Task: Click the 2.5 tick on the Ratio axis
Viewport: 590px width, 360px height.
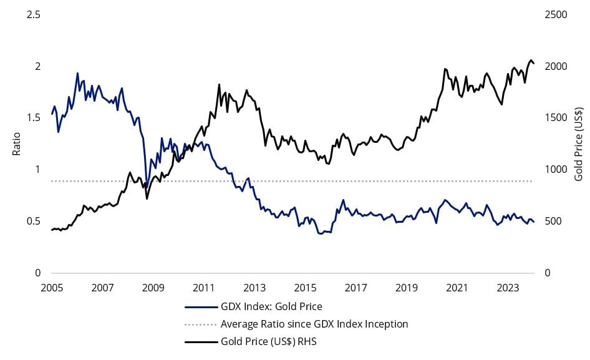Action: point(34,15)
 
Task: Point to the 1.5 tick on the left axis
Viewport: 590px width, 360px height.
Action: point(34,118)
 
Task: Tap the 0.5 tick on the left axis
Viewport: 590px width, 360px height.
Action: point(34,221)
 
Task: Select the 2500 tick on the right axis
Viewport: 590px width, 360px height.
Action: point(556,15)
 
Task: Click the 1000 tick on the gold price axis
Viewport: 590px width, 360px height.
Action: point(556,170)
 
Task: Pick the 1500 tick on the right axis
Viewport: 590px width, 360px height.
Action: point(556,118)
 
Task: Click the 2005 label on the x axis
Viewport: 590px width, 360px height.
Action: point(52,288)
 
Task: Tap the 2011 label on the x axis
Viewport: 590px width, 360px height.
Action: point(203,288)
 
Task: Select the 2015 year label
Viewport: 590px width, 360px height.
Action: point(305,288)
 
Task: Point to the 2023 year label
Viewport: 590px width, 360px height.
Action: point(508,288)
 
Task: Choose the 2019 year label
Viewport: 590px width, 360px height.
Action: point(407,288)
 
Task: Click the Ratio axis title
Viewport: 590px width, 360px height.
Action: point(17,144)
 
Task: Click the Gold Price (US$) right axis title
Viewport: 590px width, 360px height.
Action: point(578,144)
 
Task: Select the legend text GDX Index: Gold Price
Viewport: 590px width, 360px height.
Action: point(271,306)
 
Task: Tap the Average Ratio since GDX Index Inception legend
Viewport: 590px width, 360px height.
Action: point(314,324)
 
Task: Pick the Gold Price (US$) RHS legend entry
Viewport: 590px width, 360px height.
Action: point(269,341)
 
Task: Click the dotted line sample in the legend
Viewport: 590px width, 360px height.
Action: point(201,324)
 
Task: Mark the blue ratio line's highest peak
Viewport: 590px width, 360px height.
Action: point(77,74)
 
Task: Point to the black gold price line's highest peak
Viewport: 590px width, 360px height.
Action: point(531,61)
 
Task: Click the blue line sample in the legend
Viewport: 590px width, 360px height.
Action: point(201,307)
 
